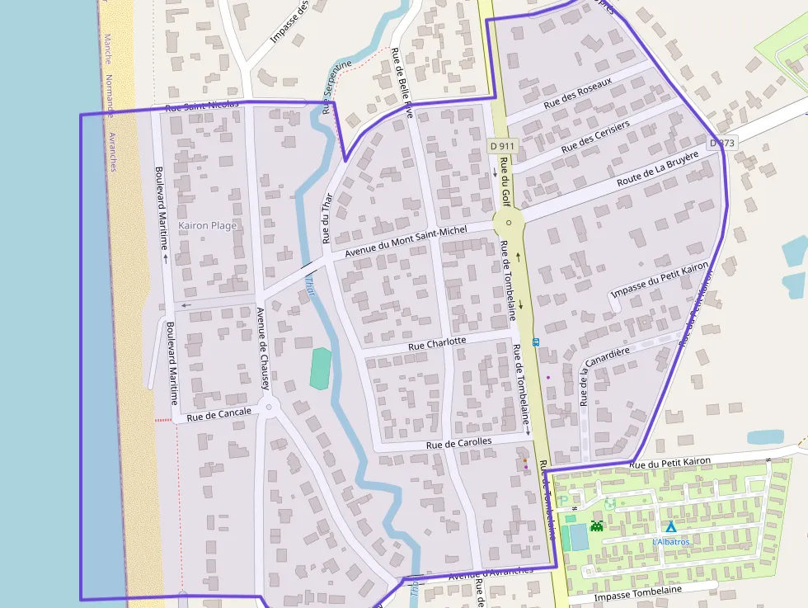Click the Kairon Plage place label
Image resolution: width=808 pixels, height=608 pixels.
pyautogui.click(x=207, y=225)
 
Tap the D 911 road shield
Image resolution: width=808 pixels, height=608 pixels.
pyautogui.click(x=501, y=146)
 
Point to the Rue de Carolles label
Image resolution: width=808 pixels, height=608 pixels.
pyautogui.click(x=458, y=444)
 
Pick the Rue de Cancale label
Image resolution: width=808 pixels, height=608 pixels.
pyautogui.click(x=218, y=414)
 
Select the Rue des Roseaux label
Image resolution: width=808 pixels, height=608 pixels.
pyautogui.click(x=577, y=96)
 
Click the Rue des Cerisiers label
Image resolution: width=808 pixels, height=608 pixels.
pyautogui.click(x=595, y=136)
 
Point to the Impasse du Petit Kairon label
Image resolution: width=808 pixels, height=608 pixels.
pyautogui.click(x=660, y=280)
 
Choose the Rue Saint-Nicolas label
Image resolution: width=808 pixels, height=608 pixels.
pyautogui.click(x=202, y=106)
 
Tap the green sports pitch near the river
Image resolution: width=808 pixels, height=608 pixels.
pyautogui.click(x=321, y=368)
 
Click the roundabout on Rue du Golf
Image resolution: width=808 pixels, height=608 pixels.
pyautogui.click(x=510, y=223)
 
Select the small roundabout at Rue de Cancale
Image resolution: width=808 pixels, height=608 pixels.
pyautogui.click(x=267, y=407)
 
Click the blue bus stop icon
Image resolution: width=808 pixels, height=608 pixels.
pyautogui.click(x=536, y=342)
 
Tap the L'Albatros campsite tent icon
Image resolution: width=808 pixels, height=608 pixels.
pyautogui.click(x=671, y=526)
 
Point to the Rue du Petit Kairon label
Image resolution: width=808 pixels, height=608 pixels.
pyautogui.click(x=669, y=464)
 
